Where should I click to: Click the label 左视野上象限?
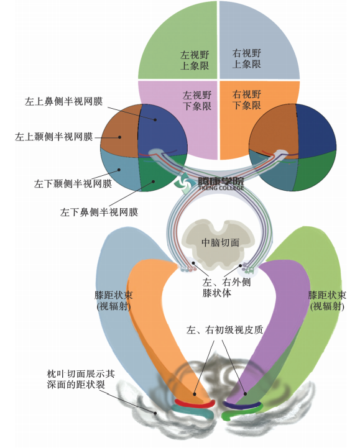pos(195,60)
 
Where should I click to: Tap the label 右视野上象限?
pos(246,58)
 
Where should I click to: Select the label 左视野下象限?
pos(197,101)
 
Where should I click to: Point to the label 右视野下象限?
pos(246,99)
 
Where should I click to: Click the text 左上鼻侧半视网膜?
pos(63,101)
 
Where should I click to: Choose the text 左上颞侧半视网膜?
pos(54,137)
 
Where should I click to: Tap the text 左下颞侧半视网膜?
pos(73,183)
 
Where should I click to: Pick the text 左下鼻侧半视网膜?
pos(99,213)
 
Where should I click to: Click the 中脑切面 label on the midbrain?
pos(221,242)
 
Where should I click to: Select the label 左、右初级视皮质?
pos(224,330)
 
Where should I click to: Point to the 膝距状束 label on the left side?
pos(114,301)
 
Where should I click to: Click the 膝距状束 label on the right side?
pos(327,301)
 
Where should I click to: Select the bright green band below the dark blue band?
pos(242,413)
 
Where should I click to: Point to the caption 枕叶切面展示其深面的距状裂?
pos(81,379)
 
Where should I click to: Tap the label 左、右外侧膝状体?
pos(226,288)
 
